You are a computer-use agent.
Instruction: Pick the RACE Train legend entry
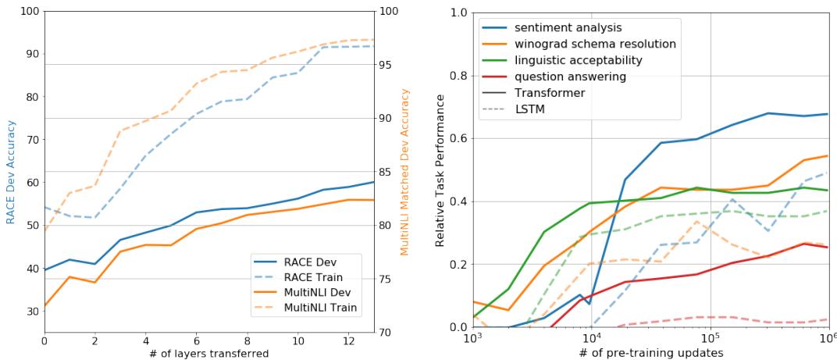coord(322,276)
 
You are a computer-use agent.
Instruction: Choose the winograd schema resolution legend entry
coord(594,44)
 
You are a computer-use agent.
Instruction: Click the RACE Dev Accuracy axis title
coord(11,172)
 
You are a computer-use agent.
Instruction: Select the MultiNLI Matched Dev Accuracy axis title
coord(405,172)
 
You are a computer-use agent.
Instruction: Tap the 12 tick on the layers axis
coord(347,341)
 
